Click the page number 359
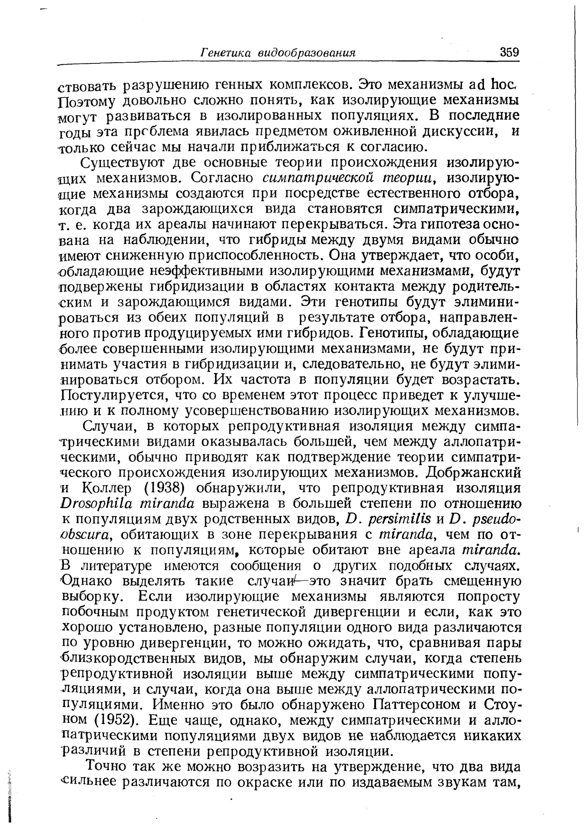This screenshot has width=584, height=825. click(509, 52)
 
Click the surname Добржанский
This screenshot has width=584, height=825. click(474, 472)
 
